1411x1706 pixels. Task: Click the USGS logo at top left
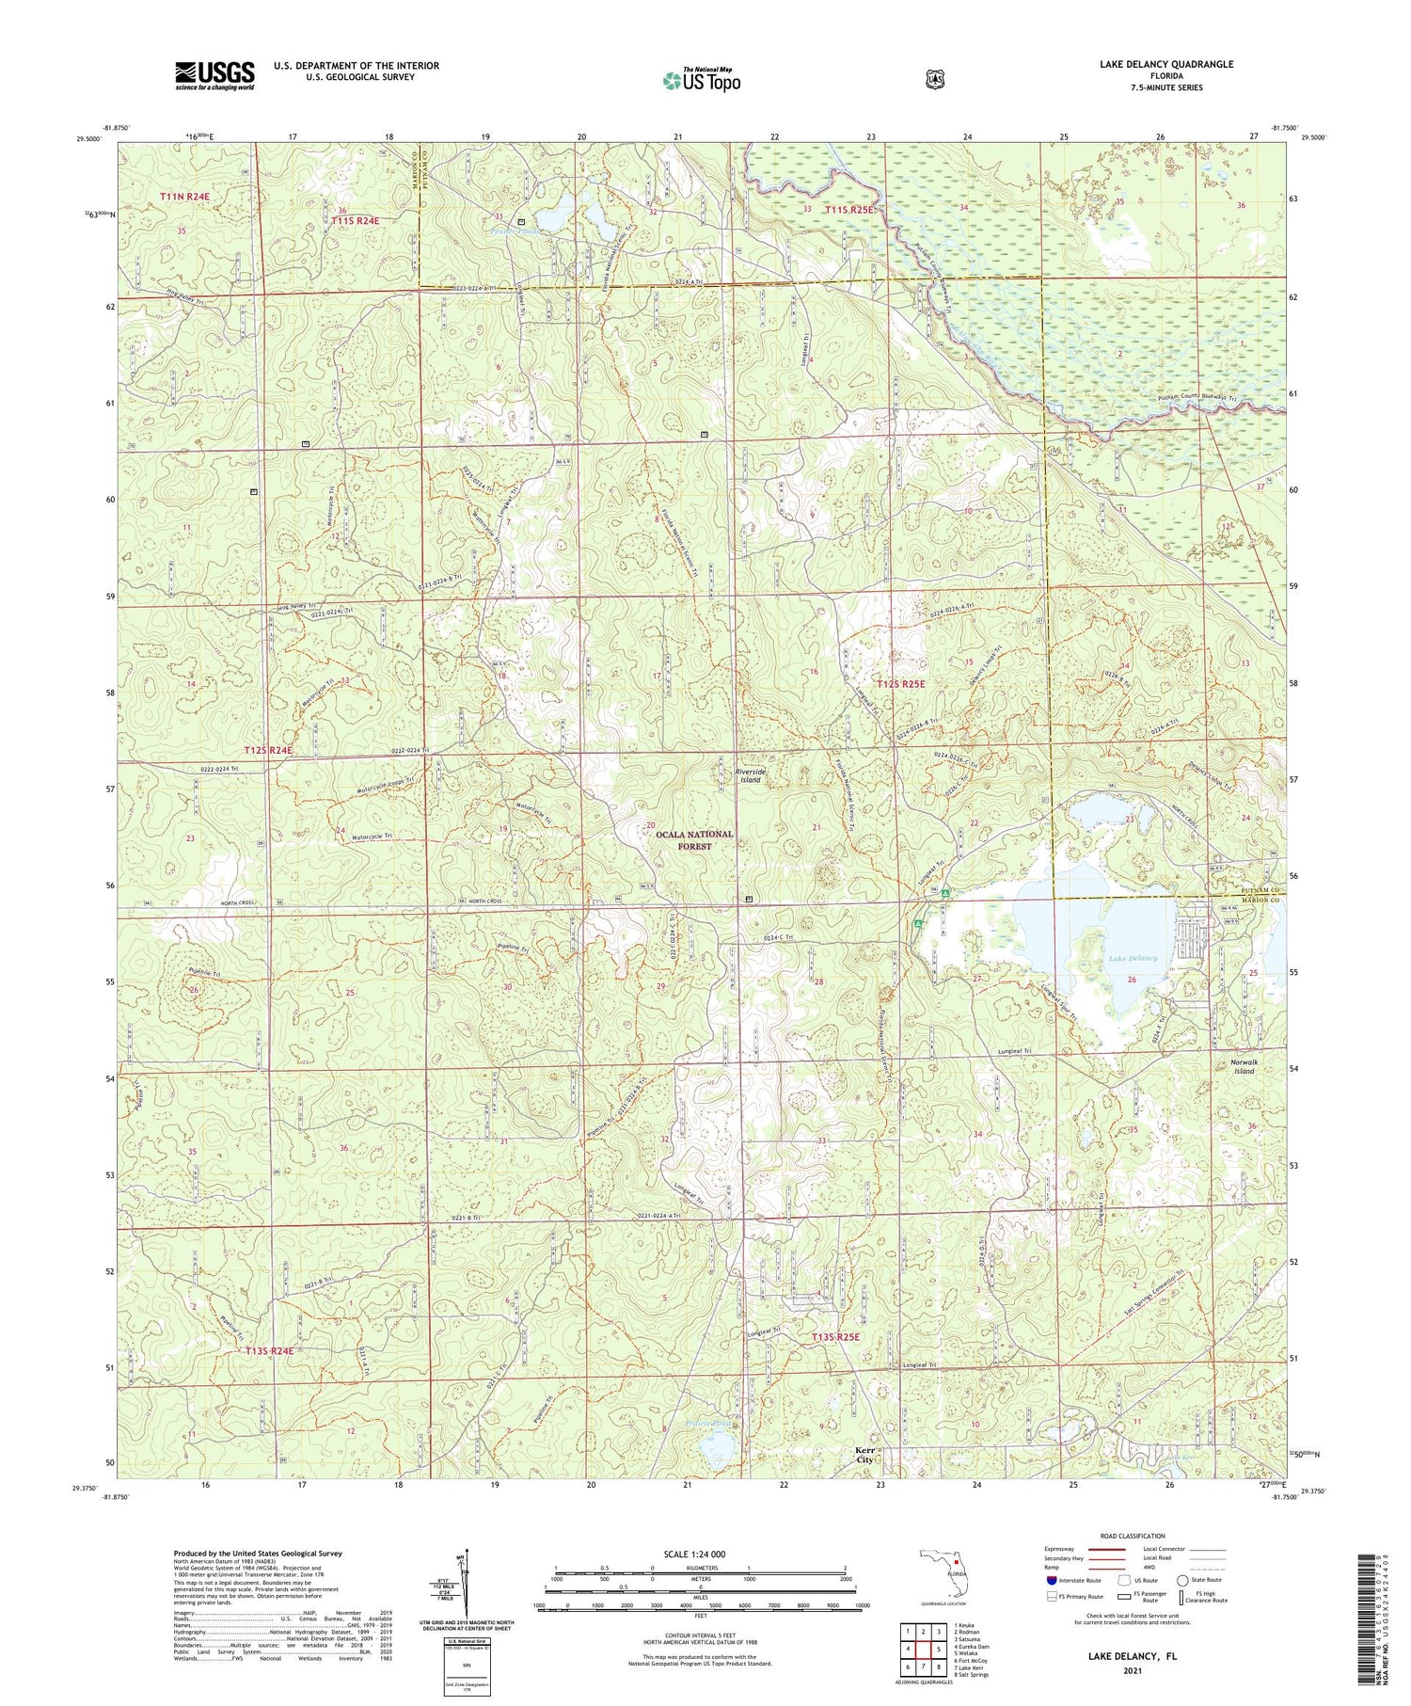click(x=214, y=75)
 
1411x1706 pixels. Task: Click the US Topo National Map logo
click(x=701, y=80)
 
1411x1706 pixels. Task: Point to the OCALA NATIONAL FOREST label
click(x=695, y=840)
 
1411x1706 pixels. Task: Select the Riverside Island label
click(x=750, y=775)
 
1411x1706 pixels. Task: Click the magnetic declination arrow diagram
click(x=466, y=1590)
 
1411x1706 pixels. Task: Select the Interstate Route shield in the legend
click(x=1052, y=1580)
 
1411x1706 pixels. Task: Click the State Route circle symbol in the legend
click(x=1181, y=1580)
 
